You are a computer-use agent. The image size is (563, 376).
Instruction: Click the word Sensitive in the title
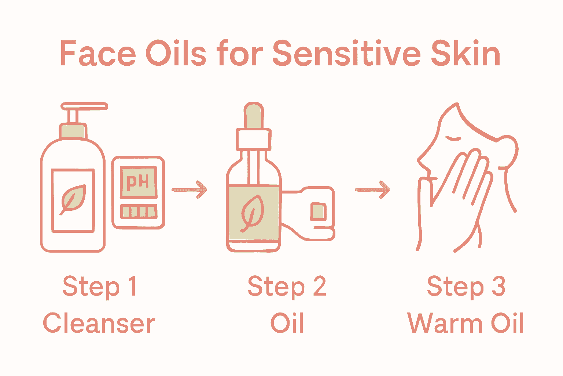(x=346, y=54)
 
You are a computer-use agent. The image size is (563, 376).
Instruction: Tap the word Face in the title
(x=98, y=54)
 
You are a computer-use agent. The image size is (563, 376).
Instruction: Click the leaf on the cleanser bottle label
(x=73, y=199)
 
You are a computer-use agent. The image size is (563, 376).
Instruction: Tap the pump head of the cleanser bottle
(x=84, y=106)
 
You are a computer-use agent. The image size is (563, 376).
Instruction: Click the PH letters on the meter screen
(x=138, y=182)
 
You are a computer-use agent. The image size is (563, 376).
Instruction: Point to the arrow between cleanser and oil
(x=189, y=189)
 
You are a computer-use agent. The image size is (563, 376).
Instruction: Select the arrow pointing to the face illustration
(x=372, y=189)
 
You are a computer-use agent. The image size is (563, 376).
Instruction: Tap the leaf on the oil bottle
(x=252, y=213)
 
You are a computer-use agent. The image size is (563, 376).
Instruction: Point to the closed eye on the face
(x=453, y=139)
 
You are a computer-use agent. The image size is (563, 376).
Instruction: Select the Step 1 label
(x=100, y=286)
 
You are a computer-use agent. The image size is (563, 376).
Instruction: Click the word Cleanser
(x=99, y=323)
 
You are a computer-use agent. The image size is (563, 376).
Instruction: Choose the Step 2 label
(x=287, y=286)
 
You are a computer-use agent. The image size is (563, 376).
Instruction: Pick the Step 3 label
(x=466, y=286)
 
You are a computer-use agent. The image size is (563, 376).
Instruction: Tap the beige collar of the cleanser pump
(x=73, y=131)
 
